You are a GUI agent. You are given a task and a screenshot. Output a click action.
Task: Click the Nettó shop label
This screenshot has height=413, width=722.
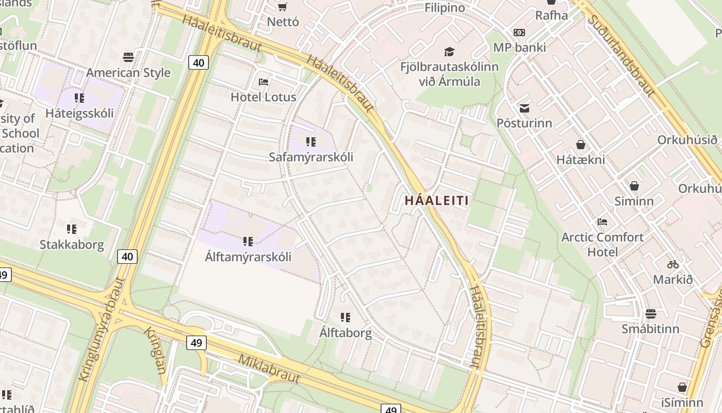click(283, 22)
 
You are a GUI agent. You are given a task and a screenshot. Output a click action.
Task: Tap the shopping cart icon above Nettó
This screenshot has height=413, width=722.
click(282, 7)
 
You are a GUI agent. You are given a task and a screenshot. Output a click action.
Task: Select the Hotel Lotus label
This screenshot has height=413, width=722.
click(263, 97)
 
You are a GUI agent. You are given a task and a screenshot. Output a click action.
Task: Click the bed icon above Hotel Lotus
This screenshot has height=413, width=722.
click(263, 82)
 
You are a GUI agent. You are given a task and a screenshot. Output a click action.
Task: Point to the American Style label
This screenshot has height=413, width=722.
click(128, 73)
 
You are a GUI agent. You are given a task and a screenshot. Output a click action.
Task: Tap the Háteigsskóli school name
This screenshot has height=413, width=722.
click(79, 113)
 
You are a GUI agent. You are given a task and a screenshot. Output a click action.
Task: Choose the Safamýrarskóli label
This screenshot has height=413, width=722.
click(311, 157)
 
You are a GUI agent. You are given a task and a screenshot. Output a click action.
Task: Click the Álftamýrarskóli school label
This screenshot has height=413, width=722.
click(248, 257)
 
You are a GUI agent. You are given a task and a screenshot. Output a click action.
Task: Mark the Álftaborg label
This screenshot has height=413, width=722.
click(346, 333)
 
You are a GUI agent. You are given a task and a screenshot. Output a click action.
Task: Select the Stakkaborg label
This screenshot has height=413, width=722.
click(72, 244)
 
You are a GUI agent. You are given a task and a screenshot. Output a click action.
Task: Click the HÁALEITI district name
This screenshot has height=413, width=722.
click(437, 201)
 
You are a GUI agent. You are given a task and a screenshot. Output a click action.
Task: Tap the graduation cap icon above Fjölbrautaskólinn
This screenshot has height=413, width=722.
click(449, 52)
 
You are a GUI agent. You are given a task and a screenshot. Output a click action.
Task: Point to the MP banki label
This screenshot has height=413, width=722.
click(519, 47)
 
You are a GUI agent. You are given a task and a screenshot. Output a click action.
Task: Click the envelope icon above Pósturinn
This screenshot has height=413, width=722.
click(524, 108)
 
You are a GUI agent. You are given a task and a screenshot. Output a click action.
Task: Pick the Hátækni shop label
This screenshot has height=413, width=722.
click(581, 160)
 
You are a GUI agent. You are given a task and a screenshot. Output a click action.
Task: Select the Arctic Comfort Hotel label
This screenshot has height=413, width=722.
click(602, 245)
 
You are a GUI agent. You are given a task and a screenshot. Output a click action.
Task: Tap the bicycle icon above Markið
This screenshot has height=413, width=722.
click(673, 264)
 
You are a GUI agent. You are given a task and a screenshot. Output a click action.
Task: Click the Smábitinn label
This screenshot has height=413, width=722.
click(650, 329)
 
